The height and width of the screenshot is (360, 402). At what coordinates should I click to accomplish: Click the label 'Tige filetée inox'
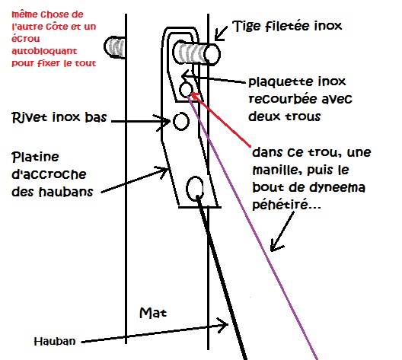coord(287,26)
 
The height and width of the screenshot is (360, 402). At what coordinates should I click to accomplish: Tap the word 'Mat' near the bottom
coord(153,313)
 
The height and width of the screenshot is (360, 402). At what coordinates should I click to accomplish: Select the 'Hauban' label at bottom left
coord(55,341)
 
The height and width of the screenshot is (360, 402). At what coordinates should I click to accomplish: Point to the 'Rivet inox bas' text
coord(59,118)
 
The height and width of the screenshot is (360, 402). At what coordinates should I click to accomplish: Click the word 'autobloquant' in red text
coord(44,51)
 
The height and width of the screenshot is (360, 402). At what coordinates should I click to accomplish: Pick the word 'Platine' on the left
coord(35,157)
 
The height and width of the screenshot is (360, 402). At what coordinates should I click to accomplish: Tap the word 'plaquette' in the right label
coord(281,82)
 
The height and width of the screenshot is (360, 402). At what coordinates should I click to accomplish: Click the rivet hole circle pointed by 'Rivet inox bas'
coord(181,121)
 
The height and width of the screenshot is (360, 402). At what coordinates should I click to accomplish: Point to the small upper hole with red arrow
coord(186,90)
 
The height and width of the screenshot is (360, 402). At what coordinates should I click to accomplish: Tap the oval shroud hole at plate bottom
coord(195,189)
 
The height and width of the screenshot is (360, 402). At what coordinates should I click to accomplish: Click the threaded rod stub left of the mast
coord(115,47)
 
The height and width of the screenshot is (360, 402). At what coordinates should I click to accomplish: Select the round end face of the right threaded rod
coord(212,54)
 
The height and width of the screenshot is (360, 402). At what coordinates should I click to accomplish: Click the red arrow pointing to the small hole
coord(221,120)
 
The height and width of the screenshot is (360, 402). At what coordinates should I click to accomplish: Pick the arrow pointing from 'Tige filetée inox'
coord(221,33)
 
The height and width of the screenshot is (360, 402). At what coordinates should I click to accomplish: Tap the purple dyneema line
coord(253,227)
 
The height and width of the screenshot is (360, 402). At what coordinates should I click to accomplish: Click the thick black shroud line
coord(222,278)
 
